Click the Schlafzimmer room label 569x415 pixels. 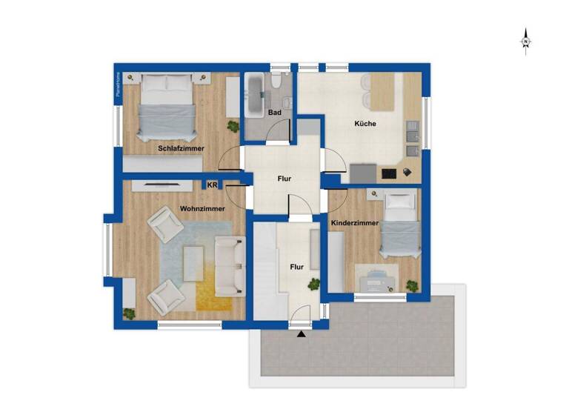[181, 148]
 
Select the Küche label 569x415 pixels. [365, 124]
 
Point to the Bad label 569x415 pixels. [275, 113]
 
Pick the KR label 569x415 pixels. [212, 185]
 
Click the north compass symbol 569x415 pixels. [525, 40]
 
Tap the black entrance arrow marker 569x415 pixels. [301, 334]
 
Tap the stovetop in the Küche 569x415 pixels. [388, 173]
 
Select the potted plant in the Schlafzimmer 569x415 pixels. [233, 127]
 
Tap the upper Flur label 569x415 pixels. [284, 179]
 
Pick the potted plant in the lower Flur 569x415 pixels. [314, 284]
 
